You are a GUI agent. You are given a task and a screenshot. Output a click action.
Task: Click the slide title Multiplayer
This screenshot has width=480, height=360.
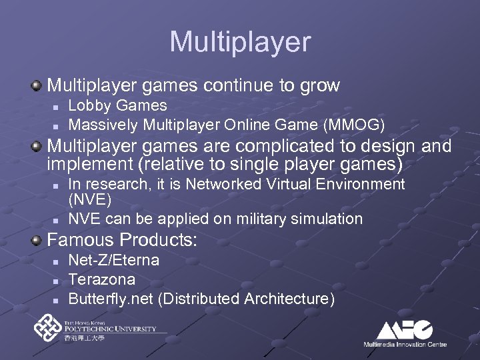(x=240, y=41)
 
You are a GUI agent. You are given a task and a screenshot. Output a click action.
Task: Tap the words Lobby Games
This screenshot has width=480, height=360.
(x=118, y=105)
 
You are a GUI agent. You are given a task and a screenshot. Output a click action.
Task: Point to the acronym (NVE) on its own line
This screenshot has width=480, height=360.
(x=90, y=199)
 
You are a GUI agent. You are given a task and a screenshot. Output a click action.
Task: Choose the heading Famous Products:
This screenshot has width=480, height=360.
(x=122, y=241)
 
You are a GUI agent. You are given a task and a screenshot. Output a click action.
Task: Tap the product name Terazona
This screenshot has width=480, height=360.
(x=102, y=279)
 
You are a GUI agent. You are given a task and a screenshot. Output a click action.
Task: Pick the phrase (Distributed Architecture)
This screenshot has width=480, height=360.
(x=247, y=298)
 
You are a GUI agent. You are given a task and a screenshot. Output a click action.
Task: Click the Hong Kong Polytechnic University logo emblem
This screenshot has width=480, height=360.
(x=48, y=329)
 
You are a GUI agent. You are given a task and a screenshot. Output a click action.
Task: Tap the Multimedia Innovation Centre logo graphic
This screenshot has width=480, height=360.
(x=405, y=329)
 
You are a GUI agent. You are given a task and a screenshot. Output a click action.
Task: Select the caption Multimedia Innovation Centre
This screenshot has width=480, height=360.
(x=405, y=344)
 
